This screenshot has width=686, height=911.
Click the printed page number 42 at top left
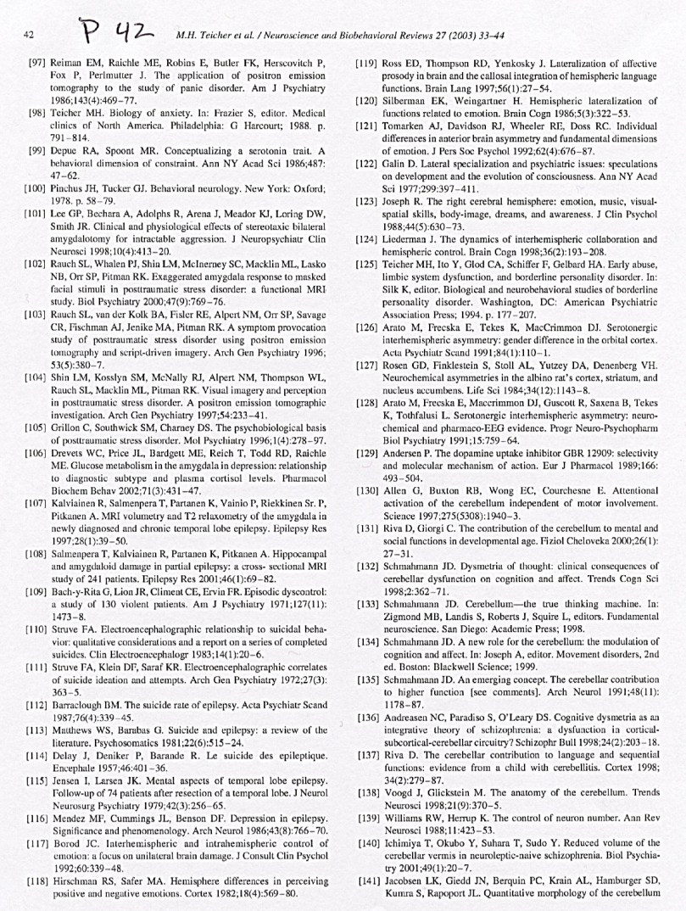click(29, 36)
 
